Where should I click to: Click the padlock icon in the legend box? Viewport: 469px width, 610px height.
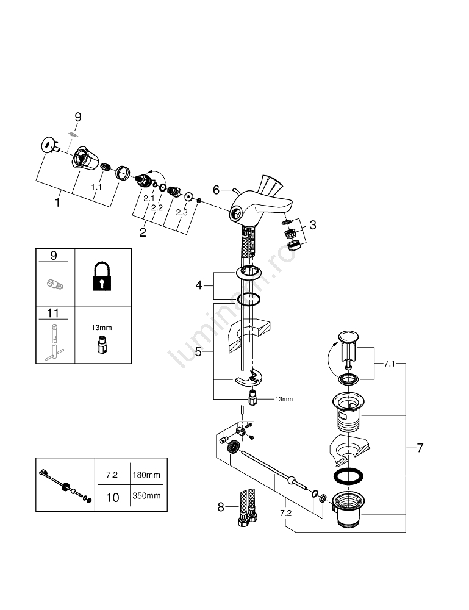click(x=102, y=277)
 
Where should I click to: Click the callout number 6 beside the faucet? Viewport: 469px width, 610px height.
click(x=216, y=190)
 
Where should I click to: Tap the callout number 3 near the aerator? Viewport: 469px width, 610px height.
click(x=313, y=225)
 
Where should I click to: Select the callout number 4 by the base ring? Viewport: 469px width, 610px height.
click(x=198, y=285)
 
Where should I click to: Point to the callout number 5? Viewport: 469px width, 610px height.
click(x=198, y=352)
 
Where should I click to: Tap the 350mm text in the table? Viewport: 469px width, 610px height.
click(x=146, y=495)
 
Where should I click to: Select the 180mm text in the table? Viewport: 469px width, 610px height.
click(x=146, y=474)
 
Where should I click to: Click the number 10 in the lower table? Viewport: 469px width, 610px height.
click(x=113, y=497)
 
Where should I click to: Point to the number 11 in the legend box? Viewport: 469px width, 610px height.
click(x=54, y=314)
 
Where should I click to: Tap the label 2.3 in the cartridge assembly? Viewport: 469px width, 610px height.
click(x=182, y=212)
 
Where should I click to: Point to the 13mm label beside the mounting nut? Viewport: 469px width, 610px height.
click(x=284, y=400)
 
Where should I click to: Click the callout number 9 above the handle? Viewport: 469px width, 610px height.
click(x=77, y=117)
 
